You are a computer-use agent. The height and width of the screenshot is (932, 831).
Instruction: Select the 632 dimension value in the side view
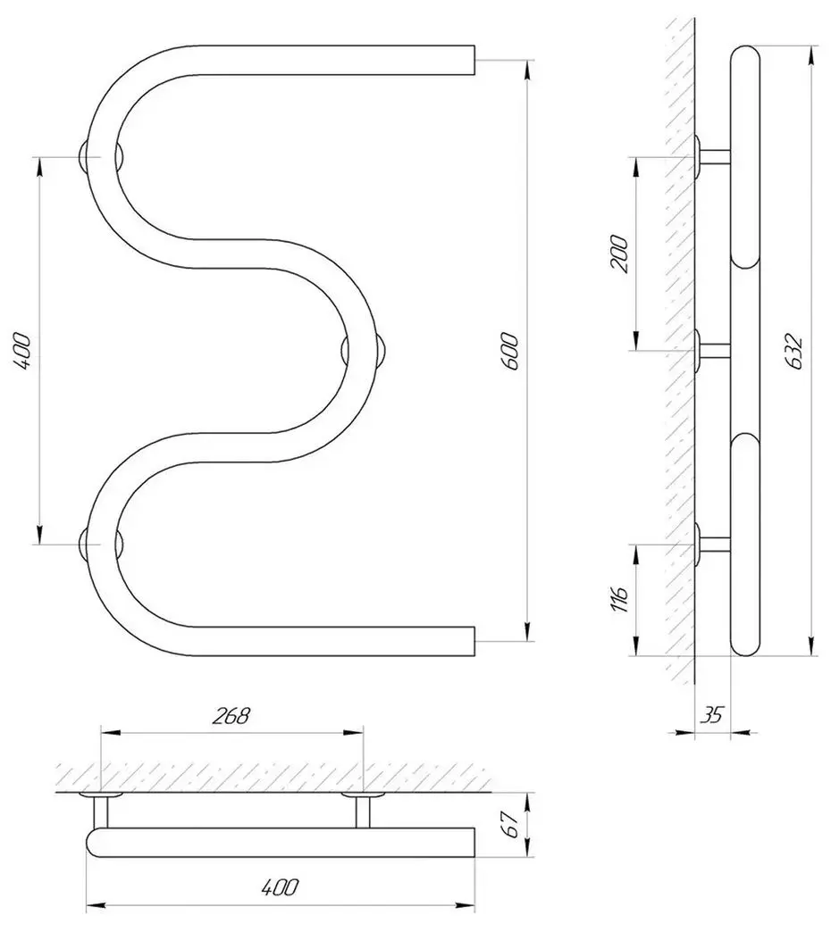pos(796,352)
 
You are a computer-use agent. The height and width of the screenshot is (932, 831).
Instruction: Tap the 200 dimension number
pos(619,254)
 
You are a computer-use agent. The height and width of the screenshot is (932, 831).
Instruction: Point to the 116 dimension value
pos(619,600)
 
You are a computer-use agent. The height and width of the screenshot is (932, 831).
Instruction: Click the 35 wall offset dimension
pos(711,715)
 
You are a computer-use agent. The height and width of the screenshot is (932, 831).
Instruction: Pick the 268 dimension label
pos(231,716)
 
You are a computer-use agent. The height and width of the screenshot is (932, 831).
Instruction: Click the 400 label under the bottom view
pos(281,887)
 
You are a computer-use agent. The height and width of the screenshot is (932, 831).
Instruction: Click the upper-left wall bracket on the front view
pos(101,156)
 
